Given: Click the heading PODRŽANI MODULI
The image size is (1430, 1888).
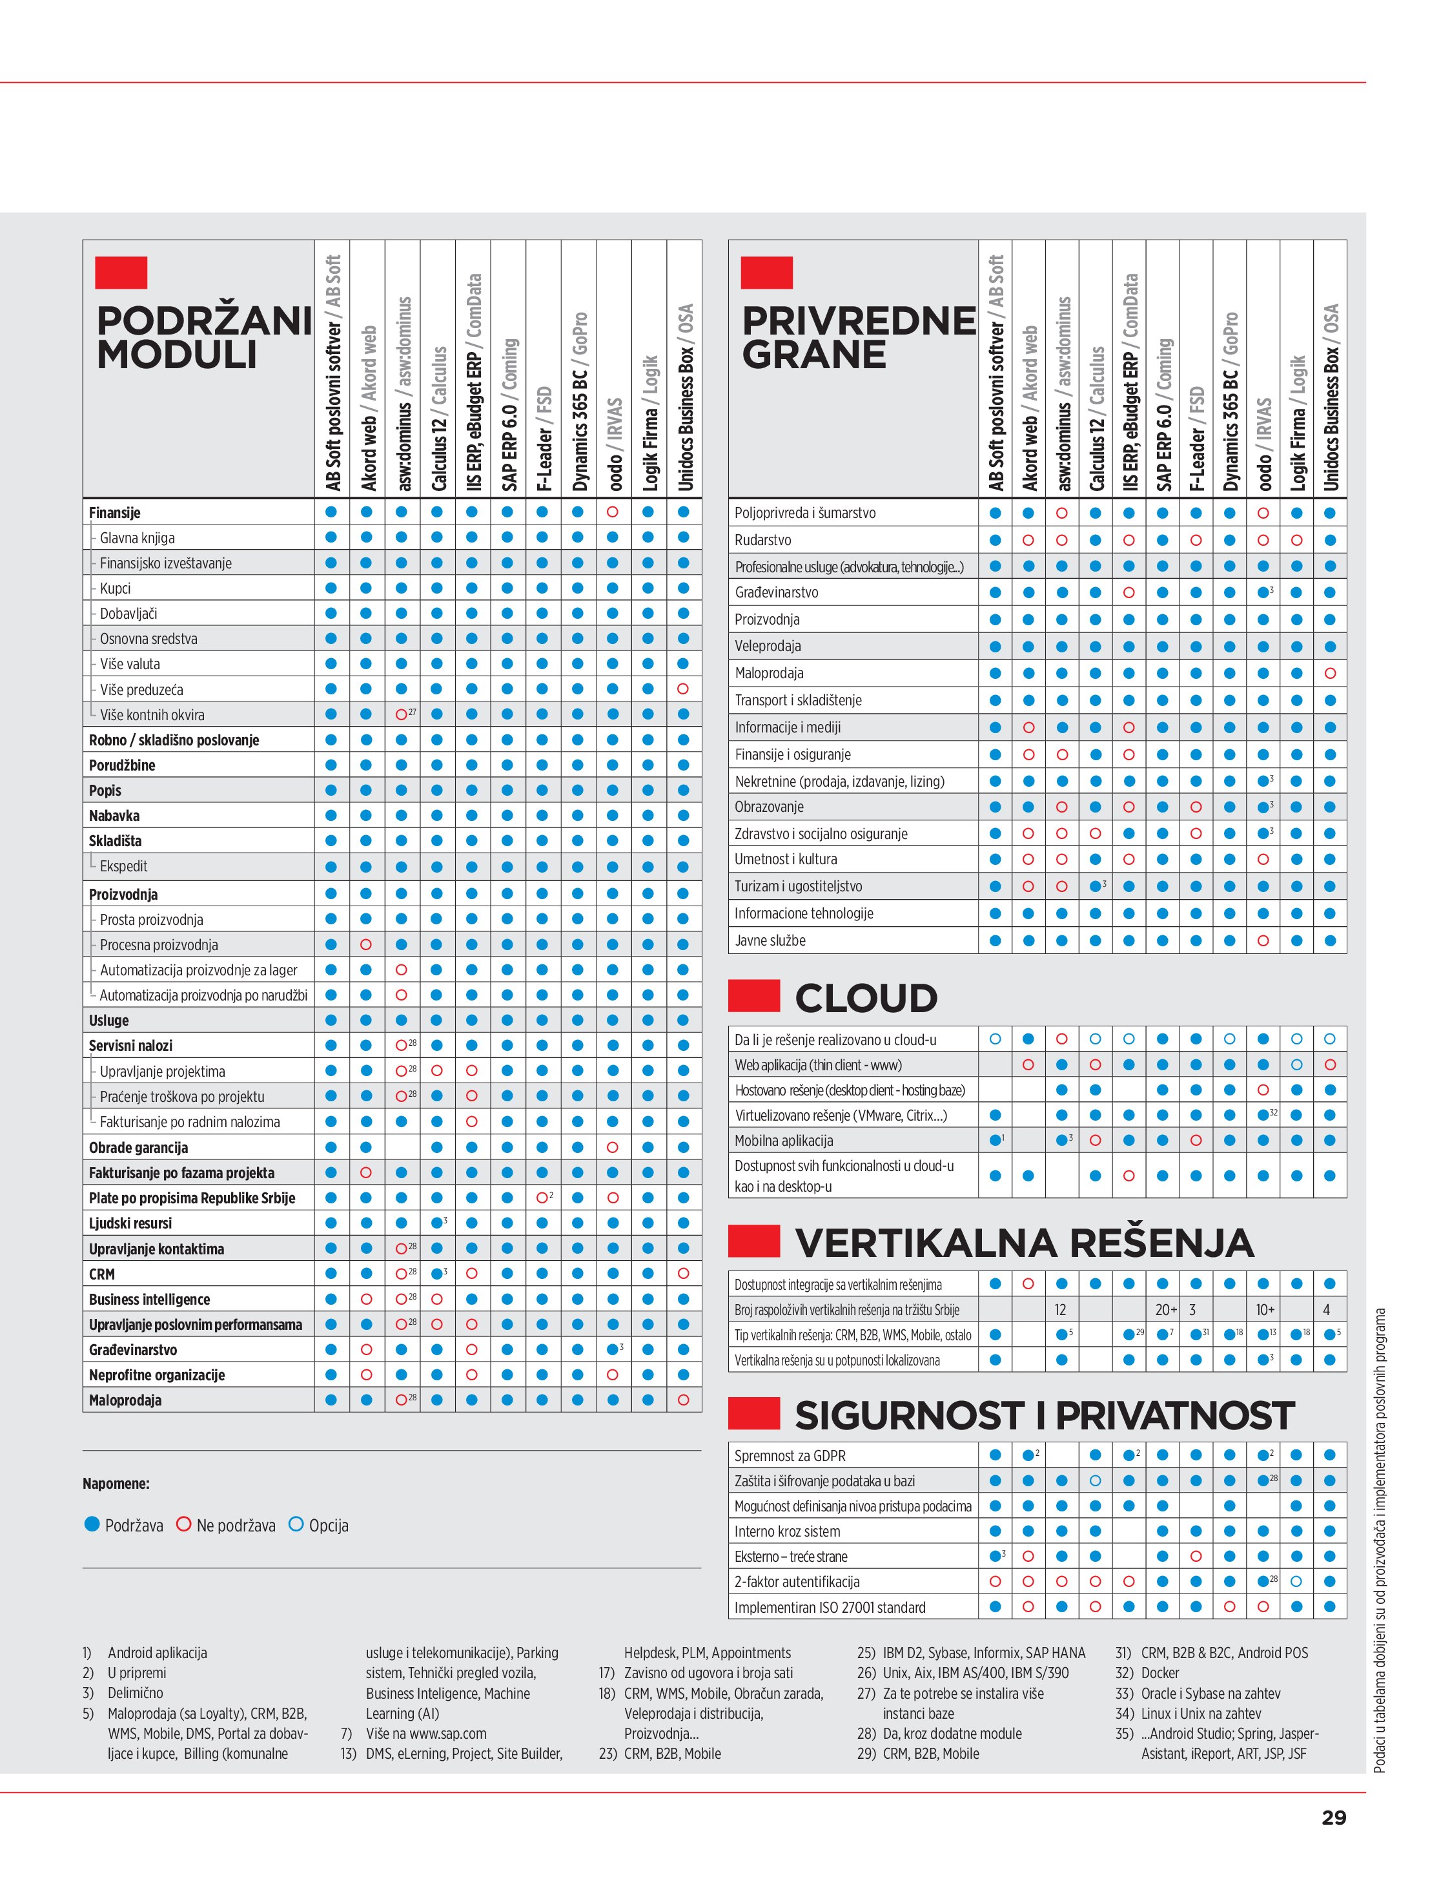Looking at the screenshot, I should (x=203, y=337).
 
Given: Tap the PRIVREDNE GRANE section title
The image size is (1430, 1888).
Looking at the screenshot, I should (x=857, y=337).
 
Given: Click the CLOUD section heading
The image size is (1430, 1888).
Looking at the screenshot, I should (x=865, y=998).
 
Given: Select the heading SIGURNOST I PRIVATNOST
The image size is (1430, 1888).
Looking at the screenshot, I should (x=1043, y=1415).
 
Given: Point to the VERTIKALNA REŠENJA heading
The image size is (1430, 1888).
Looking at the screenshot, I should (x=1023, y=1243).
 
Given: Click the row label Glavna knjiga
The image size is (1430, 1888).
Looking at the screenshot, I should (x=138, y=537).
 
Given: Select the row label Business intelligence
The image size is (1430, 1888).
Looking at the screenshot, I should (x=149, y=1299).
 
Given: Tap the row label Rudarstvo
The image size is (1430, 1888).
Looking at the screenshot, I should (x=763, y=540).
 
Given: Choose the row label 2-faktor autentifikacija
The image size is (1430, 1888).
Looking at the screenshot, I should (x=797, y=1582).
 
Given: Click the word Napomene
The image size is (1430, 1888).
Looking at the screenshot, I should (x=116, y=1484).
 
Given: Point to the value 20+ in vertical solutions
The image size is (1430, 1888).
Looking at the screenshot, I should (x=1165, y=1309).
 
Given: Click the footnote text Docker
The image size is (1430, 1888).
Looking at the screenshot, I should (x=1159, y=1673).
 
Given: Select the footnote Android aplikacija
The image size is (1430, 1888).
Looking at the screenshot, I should (x=157, y=1652).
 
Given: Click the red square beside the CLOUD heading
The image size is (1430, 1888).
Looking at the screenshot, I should (x=753, y=995).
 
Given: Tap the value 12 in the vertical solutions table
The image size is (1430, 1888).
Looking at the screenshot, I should (x=1061, y=1309).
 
